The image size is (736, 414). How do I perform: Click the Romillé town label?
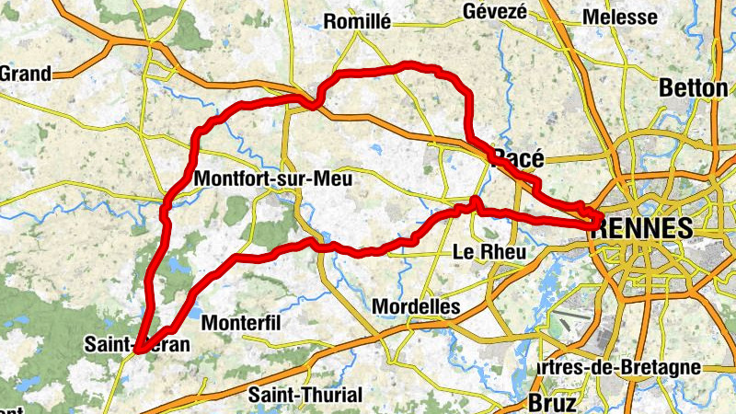point(358,21)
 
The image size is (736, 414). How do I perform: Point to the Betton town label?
point(694,87)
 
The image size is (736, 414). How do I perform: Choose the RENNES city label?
point(644,229)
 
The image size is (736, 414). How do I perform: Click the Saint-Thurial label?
point(306,395)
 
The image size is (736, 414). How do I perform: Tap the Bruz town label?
point(552,402)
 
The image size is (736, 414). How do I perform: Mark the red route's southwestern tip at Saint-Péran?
point(138,350)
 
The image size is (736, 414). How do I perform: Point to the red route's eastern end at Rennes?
point(599,219)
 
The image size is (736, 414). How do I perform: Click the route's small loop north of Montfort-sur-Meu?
point(316,100)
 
